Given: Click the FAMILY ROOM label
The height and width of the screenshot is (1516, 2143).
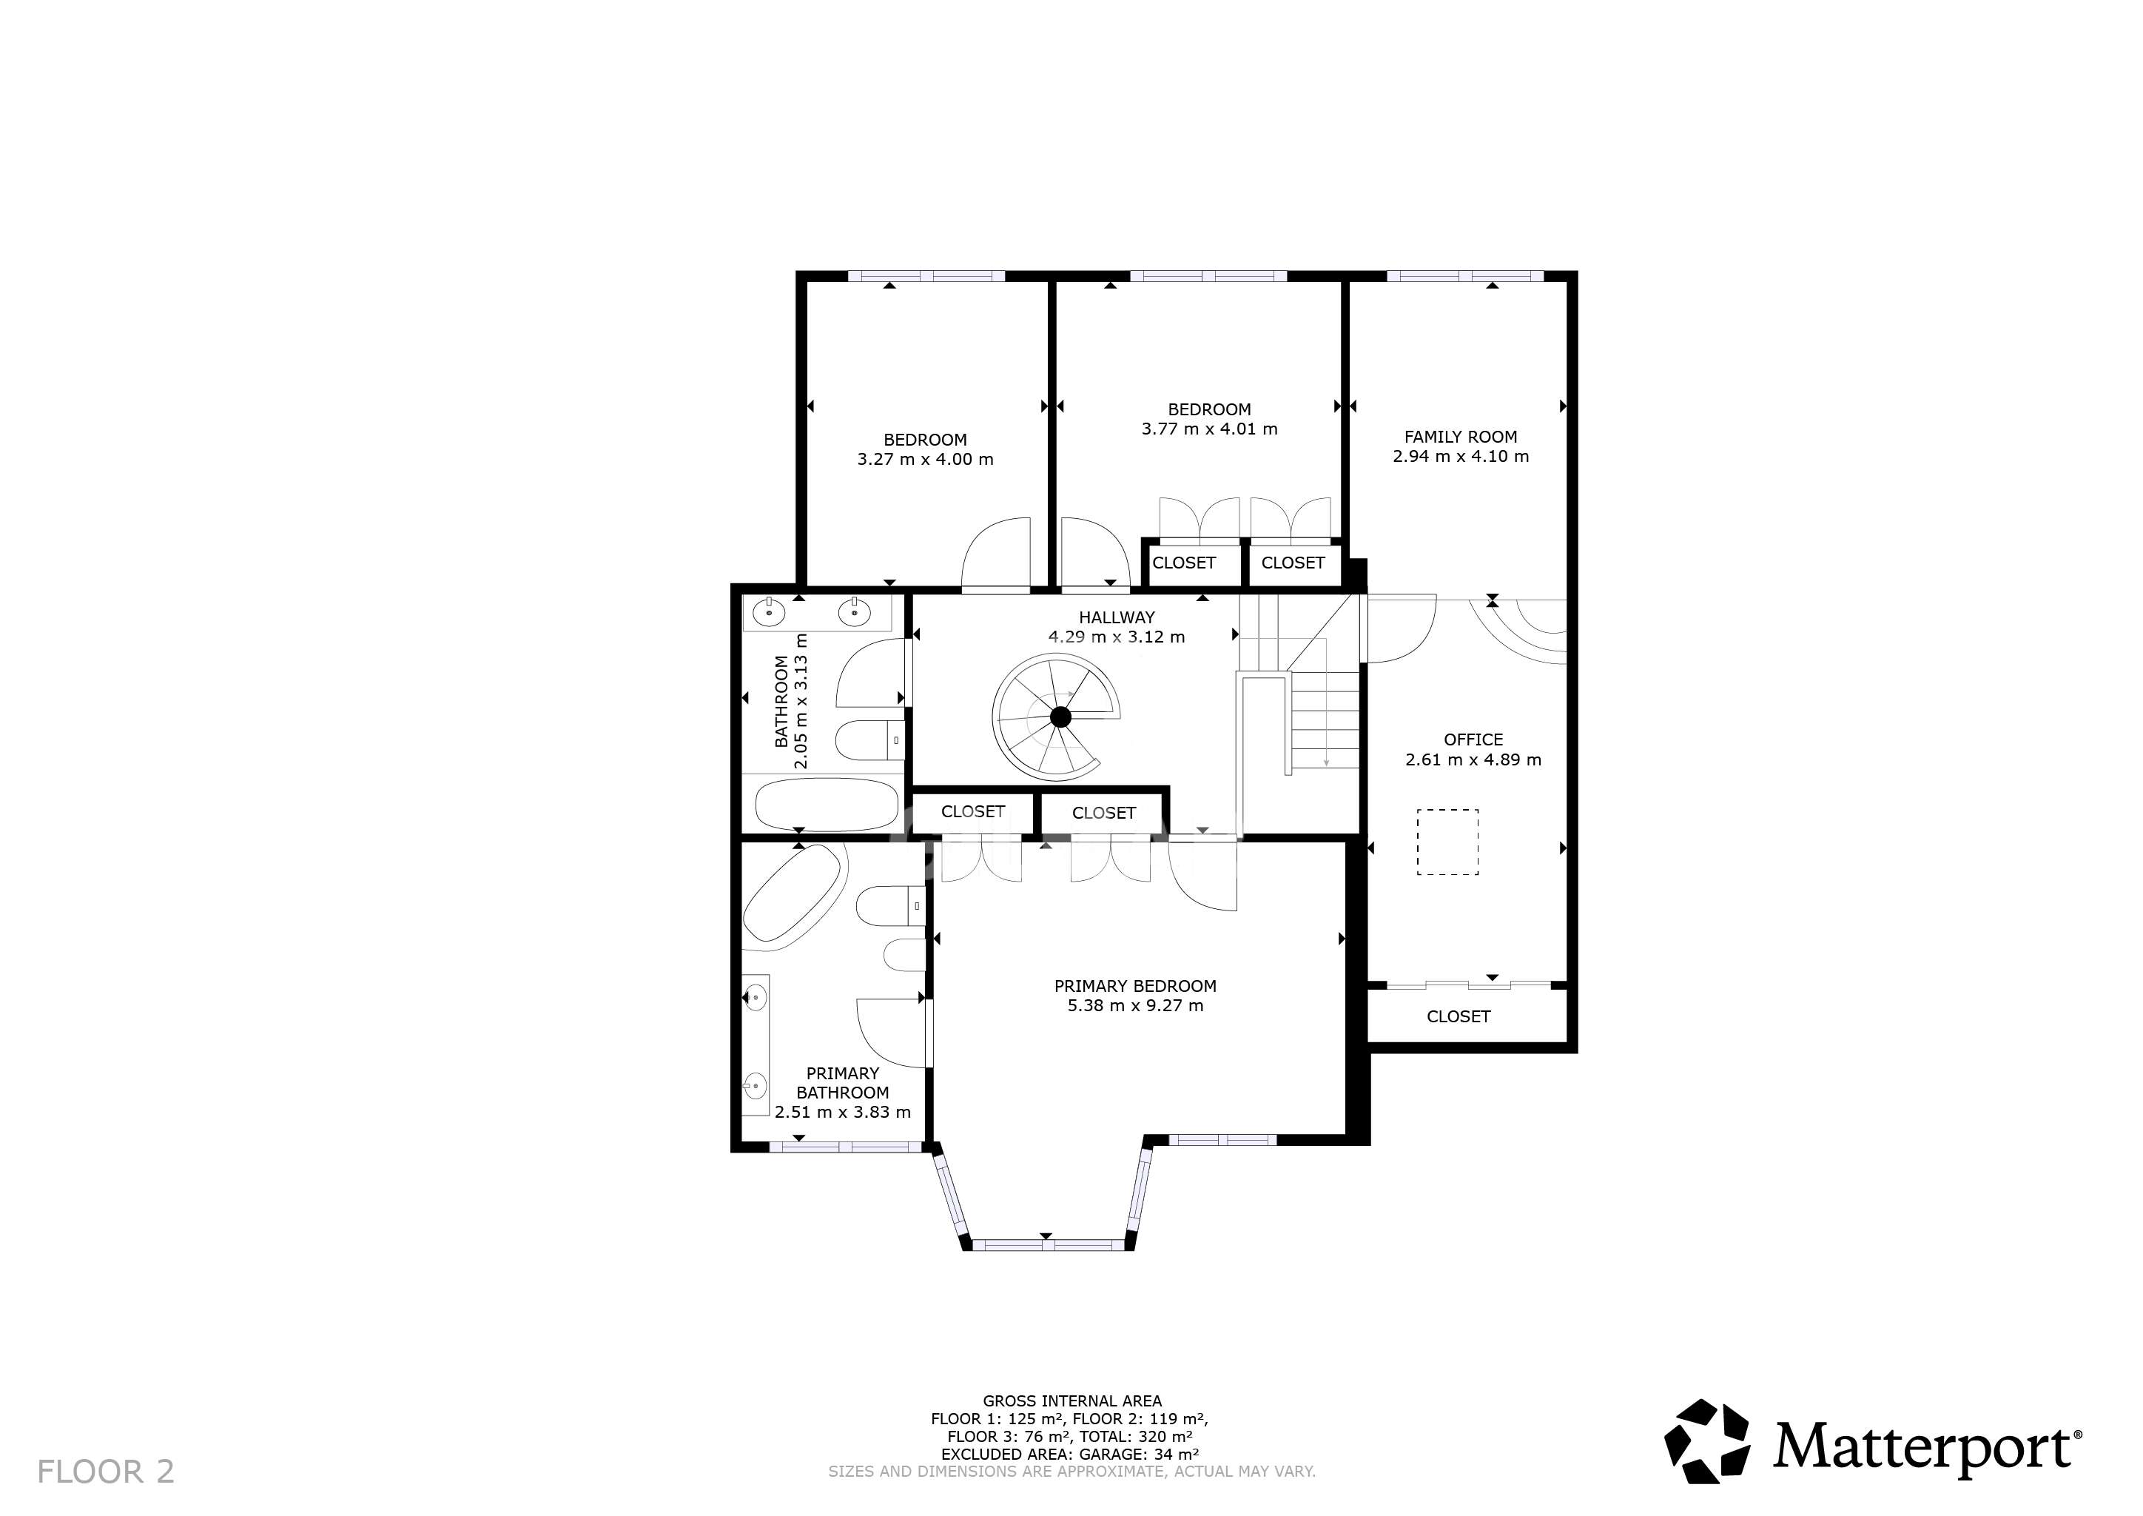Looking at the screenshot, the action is point(1460,437).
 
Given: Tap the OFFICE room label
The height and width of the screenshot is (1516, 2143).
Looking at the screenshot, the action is point(1473,740).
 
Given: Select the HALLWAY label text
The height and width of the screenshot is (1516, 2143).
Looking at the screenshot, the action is point(1117,617).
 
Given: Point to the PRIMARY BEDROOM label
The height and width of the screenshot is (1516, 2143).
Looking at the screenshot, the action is point(1135,986).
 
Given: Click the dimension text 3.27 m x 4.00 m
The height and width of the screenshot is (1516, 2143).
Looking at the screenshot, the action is point(925,459).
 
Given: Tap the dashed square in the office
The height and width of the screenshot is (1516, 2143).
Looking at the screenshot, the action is point(1447,842).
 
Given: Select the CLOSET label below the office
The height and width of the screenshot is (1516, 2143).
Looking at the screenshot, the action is point(1458,1016).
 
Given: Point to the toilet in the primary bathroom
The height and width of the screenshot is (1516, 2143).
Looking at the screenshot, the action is point(889,905).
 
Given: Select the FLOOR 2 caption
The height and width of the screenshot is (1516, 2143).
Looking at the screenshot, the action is point(106,1471).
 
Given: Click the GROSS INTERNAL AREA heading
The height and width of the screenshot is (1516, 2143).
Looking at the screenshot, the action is point(1071,1401).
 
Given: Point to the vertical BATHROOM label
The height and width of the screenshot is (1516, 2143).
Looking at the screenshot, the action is point(781,702).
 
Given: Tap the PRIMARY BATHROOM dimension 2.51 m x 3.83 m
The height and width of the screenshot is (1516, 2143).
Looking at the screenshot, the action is point(842,1112).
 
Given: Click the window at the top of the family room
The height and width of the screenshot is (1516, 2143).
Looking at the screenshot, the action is point(1464,275).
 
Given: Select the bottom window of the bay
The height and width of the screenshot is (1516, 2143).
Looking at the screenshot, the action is point(1047,1244).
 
